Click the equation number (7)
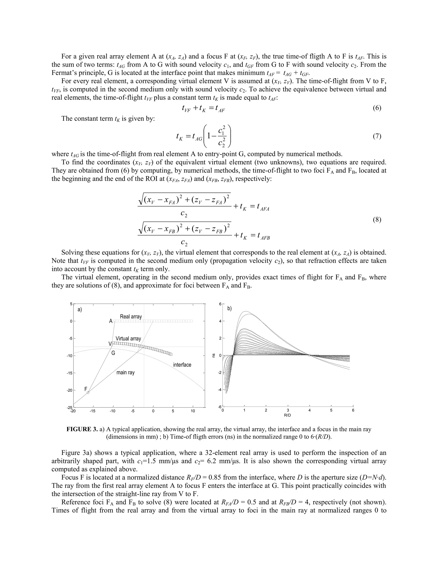pos(377,136)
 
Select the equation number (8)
pos(377,220)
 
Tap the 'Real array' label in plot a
pos(131,316)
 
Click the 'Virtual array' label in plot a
pos(128,338)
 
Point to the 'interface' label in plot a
pos(182,365)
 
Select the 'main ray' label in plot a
pos(125,373)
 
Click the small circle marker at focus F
pos(88,393)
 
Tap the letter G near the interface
pos(113,353)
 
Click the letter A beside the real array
pos(111,321)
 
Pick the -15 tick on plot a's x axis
pos(93,411)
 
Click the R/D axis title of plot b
pos(287,415)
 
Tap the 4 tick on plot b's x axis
pos(309,410)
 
